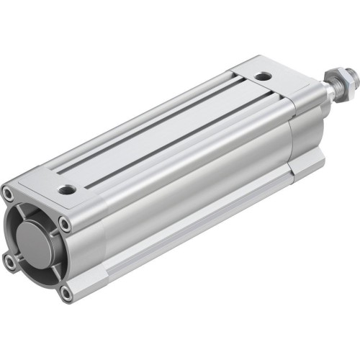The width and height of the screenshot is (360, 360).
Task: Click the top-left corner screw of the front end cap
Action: [8, 193]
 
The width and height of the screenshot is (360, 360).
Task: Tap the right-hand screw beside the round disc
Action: [66, 224]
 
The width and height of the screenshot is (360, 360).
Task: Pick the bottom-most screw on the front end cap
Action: [66, 293]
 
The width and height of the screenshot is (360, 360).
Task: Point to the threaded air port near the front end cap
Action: [68, 190]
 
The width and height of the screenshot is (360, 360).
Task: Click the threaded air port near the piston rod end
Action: [264, 76]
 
